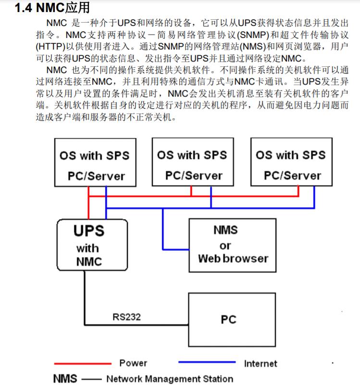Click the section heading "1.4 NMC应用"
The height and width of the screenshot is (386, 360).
(x=52, y=7)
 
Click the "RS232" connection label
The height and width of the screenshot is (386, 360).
(x=127, y=317)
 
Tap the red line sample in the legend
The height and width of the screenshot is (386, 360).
(x=83, y=363)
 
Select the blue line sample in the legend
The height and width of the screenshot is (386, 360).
(x=207, y=362)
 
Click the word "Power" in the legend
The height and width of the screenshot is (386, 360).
(x=133, y=363)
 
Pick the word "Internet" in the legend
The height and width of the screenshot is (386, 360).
(x=261, y=363)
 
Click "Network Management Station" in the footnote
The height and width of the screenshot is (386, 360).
(x=170, y=379)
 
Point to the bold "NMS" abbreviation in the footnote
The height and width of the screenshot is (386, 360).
(x=65, y=379)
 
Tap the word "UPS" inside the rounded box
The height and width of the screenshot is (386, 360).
(x=89, y=231)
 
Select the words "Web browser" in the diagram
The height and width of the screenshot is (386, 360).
(x=233, y=259)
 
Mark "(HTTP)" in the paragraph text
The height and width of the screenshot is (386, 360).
(x=50, y=47)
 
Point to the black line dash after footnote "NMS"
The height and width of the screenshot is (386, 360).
(x=91, y=379)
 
